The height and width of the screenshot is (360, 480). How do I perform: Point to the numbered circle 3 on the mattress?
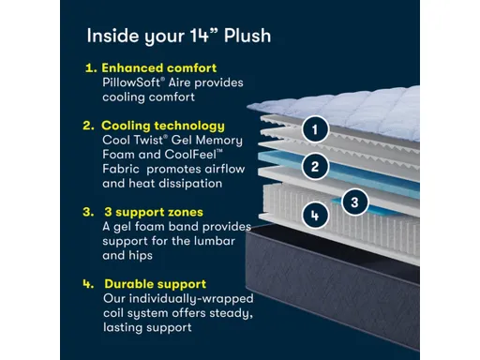tap(353, 200)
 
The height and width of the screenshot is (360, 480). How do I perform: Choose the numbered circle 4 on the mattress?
tap(316, 216)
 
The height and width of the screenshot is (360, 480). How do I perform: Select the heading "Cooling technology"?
tap(163, 125)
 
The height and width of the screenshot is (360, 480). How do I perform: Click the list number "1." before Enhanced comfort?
tap(91, 68)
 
